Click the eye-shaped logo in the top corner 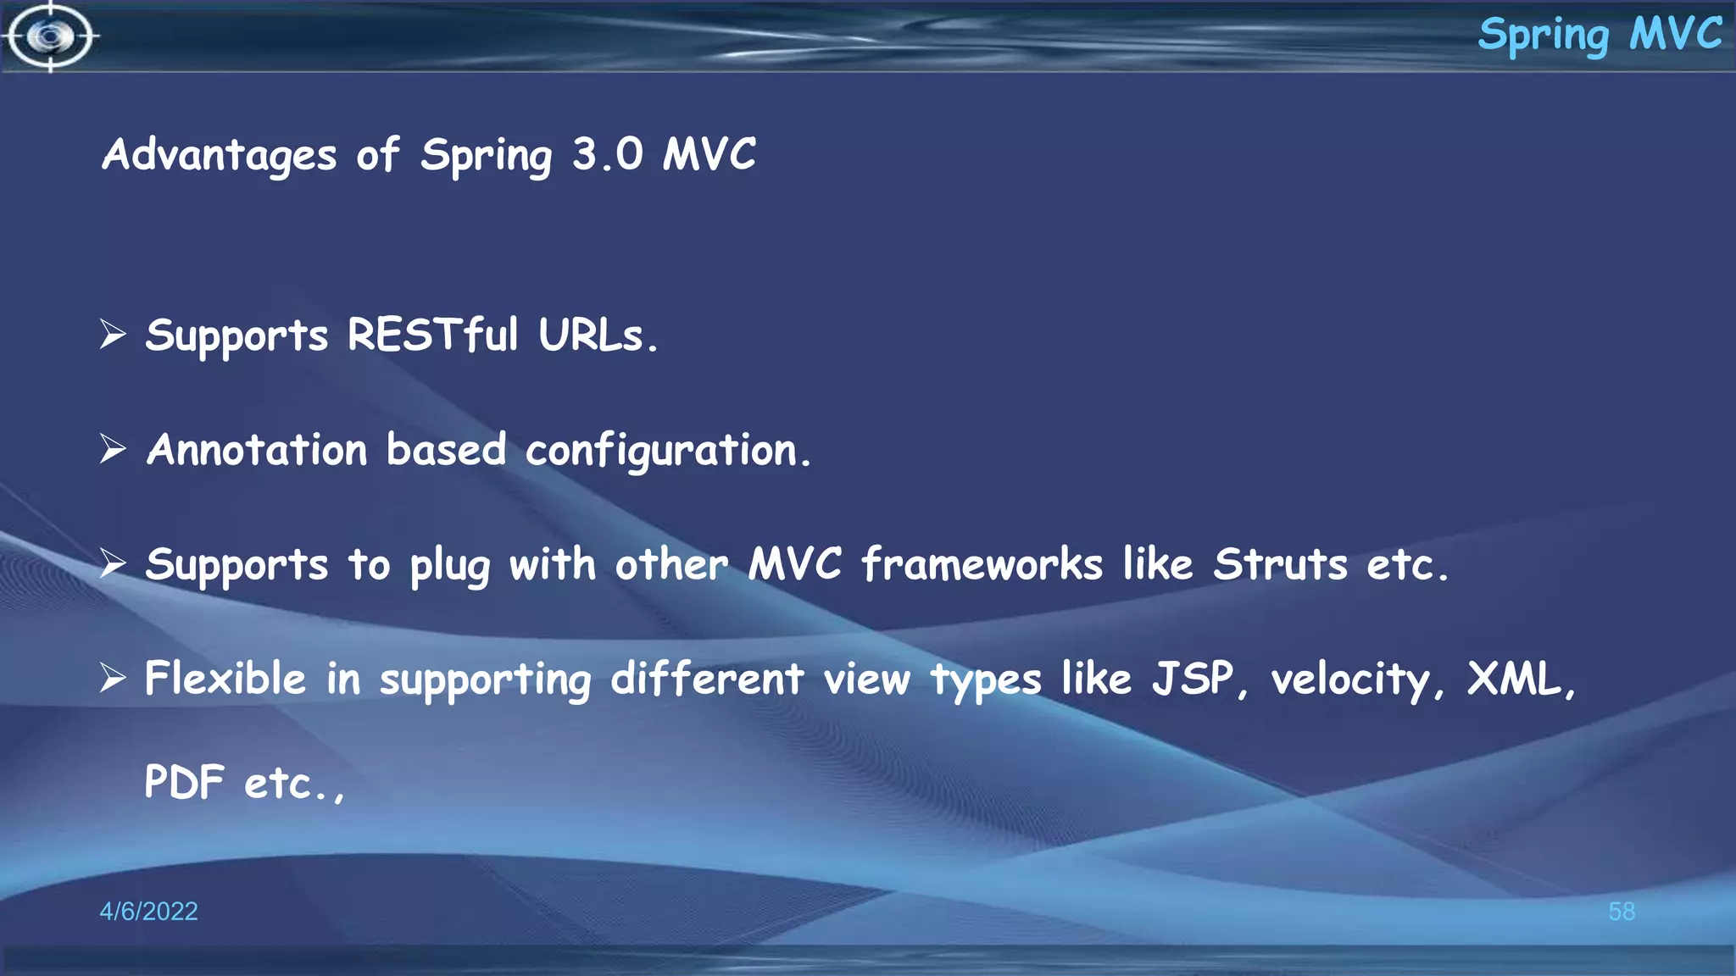pyautogui.click(x=50, y=36)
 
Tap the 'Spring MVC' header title pyautogui.click(x=1600, y=36)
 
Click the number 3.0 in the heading pyautogui.click(x=607, y=154)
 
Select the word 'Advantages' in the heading pyautogui.click(x=220, y=156)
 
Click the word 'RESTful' pyautogui.click(x=432, y=335)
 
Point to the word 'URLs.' pyautogui.click(x=598, y=335)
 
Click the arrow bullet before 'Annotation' pyautogui.click(x=113, y=448)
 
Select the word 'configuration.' pyautogui.click(x=668, y=451)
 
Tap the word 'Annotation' pyautogui.click(x=257, y=449)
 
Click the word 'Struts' pyautogui.click(x=1280, y=564)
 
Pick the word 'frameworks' pyautogui.click(x=982, y=564)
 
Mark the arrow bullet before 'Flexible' pyautogui.click(x=113, y=678)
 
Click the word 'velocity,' pyautogui.click(x=1357, y=680)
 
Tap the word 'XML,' pyautogui.click(x=1521, y=679)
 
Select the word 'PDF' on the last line pyautogui.click(x=184, y=782)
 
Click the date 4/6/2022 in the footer pyautogui.click(x=148, y=911)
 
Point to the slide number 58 pyautogui.click(x=1622, y=911)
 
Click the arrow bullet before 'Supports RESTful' pyautogui.click(x=113, y=334)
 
